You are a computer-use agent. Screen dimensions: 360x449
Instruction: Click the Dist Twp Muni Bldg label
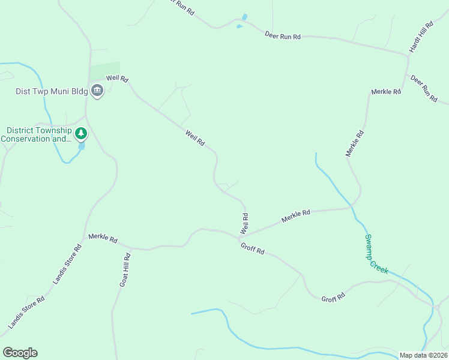click(x=52, y=91)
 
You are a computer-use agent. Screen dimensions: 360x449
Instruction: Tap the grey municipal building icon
click(x=97, y=91)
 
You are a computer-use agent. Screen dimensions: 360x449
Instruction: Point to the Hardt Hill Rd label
click(x=421, y=38)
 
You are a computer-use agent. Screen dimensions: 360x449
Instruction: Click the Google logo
click(x=20, y=352)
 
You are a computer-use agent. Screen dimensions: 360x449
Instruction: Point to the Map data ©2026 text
click(x=423, y=355)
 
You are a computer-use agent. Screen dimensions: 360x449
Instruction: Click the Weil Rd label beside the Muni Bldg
click(x=118, y=79)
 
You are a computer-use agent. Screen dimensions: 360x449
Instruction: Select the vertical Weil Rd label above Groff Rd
click(x=244, y=223)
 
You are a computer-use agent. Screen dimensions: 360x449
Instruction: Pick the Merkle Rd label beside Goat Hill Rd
click(x=102, y=238)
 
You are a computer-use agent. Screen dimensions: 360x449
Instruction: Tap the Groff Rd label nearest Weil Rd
click(x=252, y=248)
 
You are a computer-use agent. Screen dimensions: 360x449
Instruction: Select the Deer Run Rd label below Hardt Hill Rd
click(x=424, y=89)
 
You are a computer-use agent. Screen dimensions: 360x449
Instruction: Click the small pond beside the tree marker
click(x=81, y=146)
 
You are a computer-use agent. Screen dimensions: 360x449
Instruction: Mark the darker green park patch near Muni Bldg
click(x=106, y=70)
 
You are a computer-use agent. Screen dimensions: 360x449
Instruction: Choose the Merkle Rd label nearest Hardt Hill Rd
click(x=386, y=92)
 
